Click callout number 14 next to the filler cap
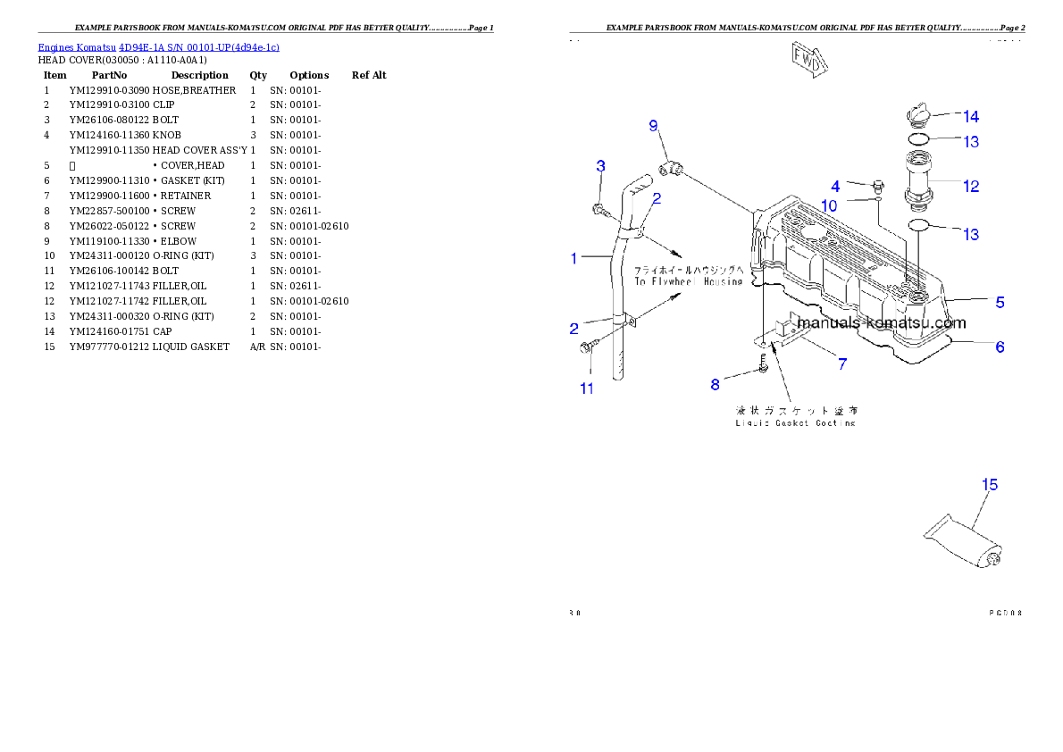click(x=970, y=116)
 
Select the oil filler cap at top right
click(x=917, y=114)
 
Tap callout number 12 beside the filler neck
click(x=971, y=186)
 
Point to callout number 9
click(x=653, y=126)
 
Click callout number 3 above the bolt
click(x=601, y=166)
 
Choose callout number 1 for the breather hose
click(x=575, y=259)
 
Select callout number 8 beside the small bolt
click(x=715, y=384)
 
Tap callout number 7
click(x=841, y=363)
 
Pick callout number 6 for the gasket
click(x=1000, y=347)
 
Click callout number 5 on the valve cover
click(x=1000, y=302)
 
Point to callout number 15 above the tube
click(x=989, y=484)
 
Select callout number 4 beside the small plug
click(x=835, y=187)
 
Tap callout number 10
click(x=830, y=206)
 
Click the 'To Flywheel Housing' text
click(x=688, y=280)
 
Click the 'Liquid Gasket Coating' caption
click(x=795, y=422)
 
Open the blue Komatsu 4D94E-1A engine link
click(x=158, y=46)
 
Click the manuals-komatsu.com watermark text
click(x=881, y=323)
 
